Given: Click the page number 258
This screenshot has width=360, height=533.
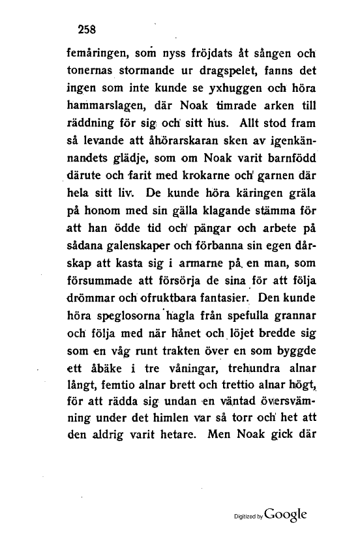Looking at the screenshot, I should tap(87, 28).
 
